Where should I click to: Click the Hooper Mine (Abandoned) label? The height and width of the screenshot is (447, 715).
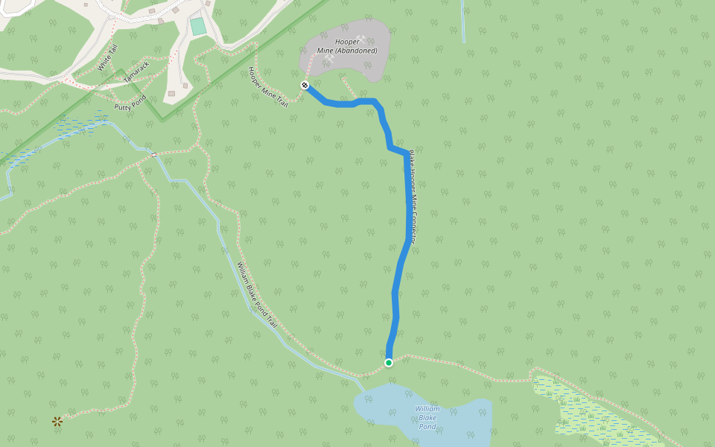click(348, 45)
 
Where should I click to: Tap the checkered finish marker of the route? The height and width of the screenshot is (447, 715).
click(305, 86)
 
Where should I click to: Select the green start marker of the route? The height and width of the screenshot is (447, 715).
click(389, 363)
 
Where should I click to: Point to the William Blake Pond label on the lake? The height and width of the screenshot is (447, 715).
click(427, 417)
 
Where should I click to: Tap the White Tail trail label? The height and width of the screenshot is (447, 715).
click(107, 58)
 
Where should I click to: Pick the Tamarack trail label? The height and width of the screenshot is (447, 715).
click(136, 72)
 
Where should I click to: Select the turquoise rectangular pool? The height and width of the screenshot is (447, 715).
click(197, 27)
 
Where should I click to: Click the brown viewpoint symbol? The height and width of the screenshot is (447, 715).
click(57, 422)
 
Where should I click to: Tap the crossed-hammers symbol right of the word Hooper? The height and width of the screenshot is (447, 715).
click(360, 39)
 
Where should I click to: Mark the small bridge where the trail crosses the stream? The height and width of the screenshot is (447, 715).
click(153, 155)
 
